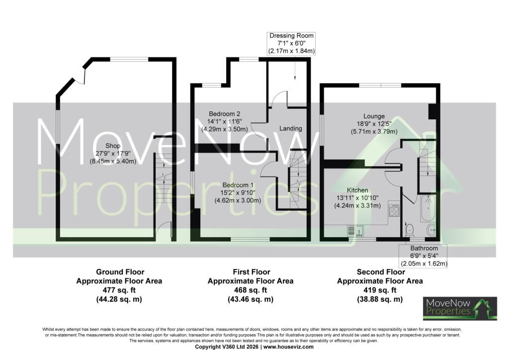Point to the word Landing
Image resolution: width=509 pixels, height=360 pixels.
[x=290, y=129]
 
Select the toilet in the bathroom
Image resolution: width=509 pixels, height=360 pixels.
[x=410, y=229]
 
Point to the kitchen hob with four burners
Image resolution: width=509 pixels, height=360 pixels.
[x=394, y=210]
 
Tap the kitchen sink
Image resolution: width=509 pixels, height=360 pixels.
[x=356, y=230]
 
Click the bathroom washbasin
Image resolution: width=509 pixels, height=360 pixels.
[x=431, y=230]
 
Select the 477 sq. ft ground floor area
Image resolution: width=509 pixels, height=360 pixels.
[x=119, y=290]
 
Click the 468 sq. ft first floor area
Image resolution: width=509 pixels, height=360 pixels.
[x=251, y=290]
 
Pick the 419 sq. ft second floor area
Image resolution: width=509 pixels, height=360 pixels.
[x=380, y=290]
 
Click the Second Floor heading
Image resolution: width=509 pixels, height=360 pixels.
[x=381, y=271]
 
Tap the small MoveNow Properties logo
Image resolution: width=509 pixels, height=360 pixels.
[x=460, y=308]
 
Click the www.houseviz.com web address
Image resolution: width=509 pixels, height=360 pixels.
[x=288, y=347]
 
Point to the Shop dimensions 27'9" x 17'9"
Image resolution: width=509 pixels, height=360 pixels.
[x=113, y=154]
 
